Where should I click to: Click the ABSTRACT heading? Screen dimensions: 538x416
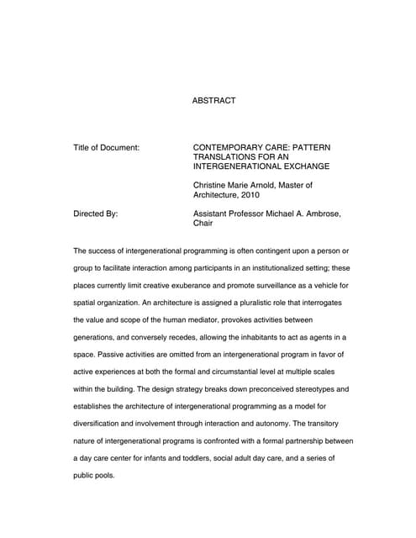coord(214,101)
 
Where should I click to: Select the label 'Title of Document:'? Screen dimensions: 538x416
coord(106,147)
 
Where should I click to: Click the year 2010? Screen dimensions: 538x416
coord(249,195)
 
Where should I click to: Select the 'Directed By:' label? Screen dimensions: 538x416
coord(96,214)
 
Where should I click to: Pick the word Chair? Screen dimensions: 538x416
coord(203,224)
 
